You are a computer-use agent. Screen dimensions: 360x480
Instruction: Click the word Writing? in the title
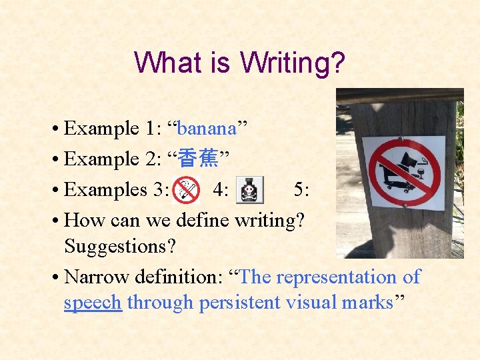(x=293, y=63)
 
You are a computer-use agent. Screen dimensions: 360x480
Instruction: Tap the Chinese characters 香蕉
(x=199, y=159)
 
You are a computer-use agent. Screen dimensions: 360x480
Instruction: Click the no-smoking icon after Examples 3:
(x=185, y=190)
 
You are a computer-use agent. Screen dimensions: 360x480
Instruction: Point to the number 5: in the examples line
(x=301, y=190)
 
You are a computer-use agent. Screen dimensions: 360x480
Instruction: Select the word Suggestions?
(x=120, y=246)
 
